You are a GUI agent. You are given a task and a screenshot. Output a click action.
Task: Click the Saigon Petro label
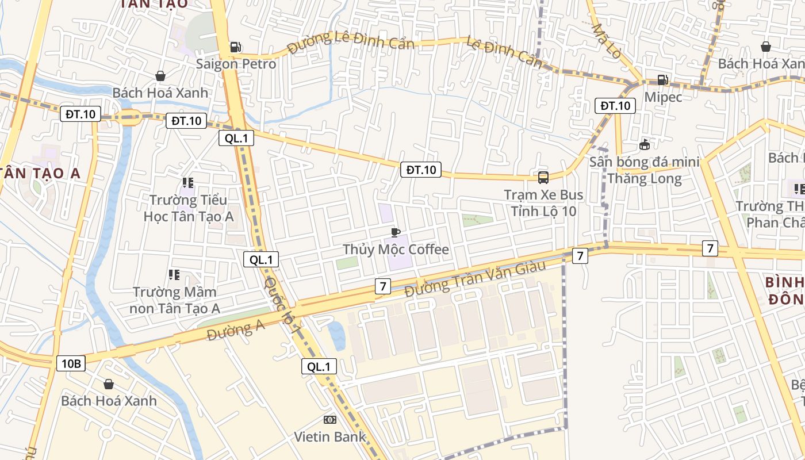coord(236,64)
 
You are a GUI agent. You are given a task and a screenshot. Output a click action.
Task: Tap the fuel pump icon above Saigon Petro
coord(235,47)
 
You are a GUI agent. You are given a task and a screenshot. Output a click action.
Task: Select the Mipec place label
coord(663,97)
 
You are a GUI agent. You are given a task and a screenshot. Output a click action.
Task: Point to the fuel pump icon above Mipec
coord(663,80)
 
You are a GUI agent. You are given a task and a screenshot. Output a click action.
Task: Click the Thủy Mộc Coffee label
coord(396,249)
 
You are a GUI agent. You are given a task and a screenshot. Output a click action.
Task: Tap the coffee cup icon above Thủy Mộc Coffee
coord(396,232)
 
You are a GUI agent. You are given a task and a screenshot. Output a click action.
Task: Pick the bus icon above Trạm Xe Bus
coord(543,178)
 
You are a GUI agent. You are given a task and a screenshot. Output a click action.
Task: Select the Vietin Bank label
coord(330,436)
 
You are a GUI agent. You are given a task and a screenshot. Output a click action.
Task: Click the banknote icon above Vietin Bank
coord(330,420)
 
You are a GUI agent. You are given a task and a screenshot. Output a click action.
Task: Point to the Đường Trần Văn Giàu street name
coord(466,279)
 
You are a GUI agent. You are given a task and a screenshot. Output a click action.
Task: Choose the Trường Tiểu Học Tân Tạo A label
coord(188,208)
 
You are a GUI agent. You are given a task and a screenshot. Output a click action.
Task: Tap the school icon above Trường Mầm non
coord(174,275)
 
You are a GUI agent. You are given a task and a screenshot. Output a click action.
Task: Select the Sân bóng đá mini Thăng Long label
coord(644,170)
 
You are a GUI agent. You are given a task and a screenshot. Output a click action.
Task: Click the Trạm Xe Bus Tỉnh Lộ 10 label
coord(543,203)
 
